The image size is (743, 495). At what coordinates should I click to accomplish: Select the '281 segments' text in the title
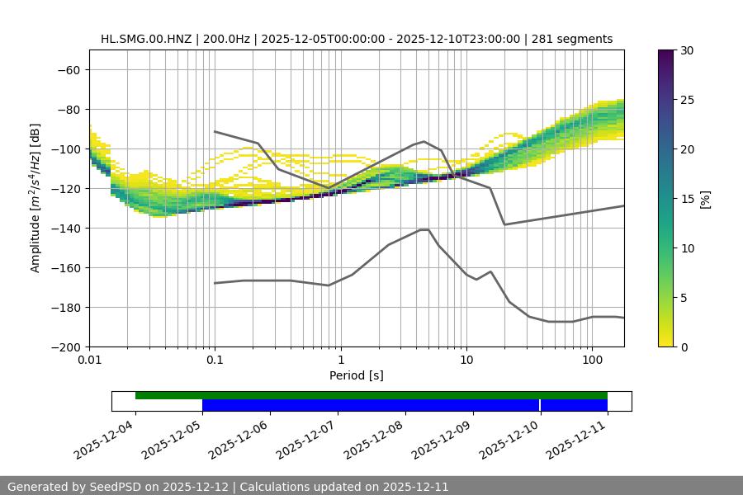(x=572, y=39)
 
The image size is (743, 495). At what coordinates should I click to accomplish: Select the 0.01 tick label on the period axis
(x=89, y=361)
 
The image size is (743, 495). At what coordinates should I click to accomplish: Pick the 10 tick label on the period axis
(x=466, y=361)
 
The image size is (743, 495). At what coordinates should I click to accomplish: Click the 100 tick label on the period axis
(x=592, y=361)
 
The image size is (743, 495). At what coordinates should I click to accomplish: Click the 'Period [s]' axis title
(x=357, y=376)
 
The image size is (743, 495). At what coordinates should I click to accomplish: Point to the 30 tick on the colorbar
(x=687, y=50)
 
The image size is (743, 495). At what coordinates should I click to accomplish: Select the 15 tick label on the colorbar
(x=687, y=199)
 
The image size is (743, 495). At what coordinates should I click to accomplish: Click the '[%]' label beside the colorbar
(x=705, y=199)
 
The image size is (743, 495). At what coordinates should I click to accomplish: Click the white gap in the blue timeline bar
(x=540, y=405)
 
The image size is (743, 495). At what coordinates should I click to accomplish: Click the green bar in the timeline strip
(x=371, y=395)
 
